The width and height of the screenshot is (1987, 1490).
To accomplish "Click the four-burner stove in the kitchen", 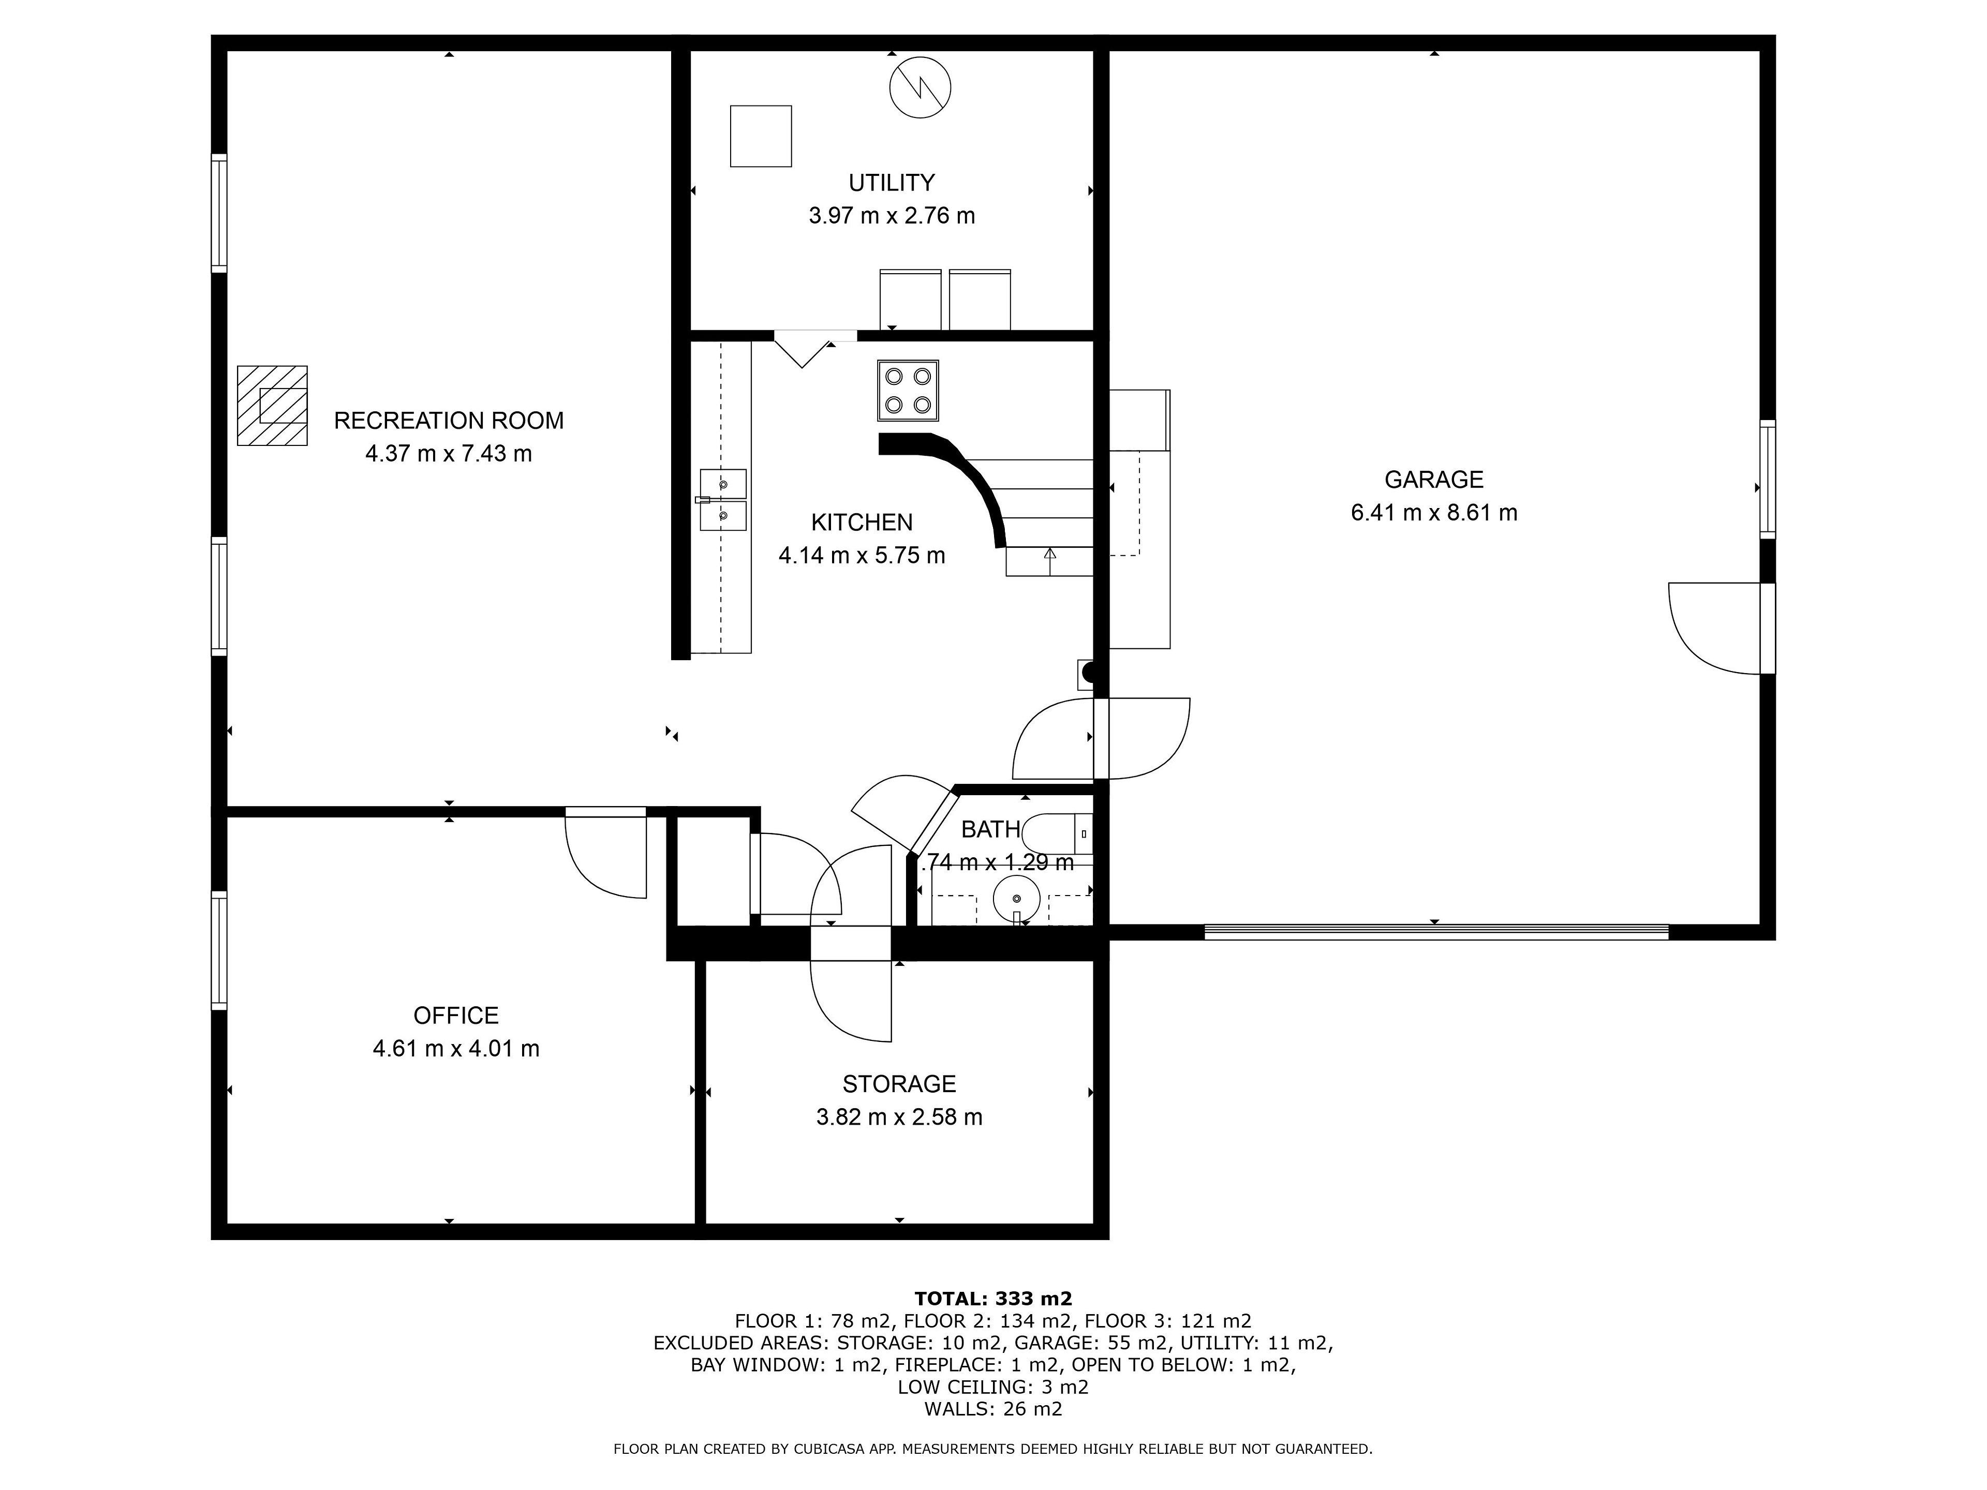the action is [x=908, y=391].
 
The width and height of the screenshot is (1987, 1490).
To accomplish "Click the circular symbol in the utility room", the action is [x=920, y=88].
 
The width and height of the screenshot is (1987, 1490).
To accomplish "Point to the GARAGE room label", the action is [x=1434, y=480].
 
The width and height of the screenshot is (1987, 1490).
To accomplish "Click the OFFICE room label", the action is [x=455, y=1016].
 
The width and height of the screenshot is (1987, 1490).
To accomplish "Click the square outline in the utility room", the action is [x=761, y=137].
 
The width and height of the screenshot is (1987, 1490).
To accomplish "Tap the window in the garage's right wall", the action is [x=1767, y=480].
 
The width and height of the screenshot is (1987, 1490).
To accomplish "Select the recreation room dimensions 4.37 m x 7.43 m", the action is [x=448, y=454].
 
